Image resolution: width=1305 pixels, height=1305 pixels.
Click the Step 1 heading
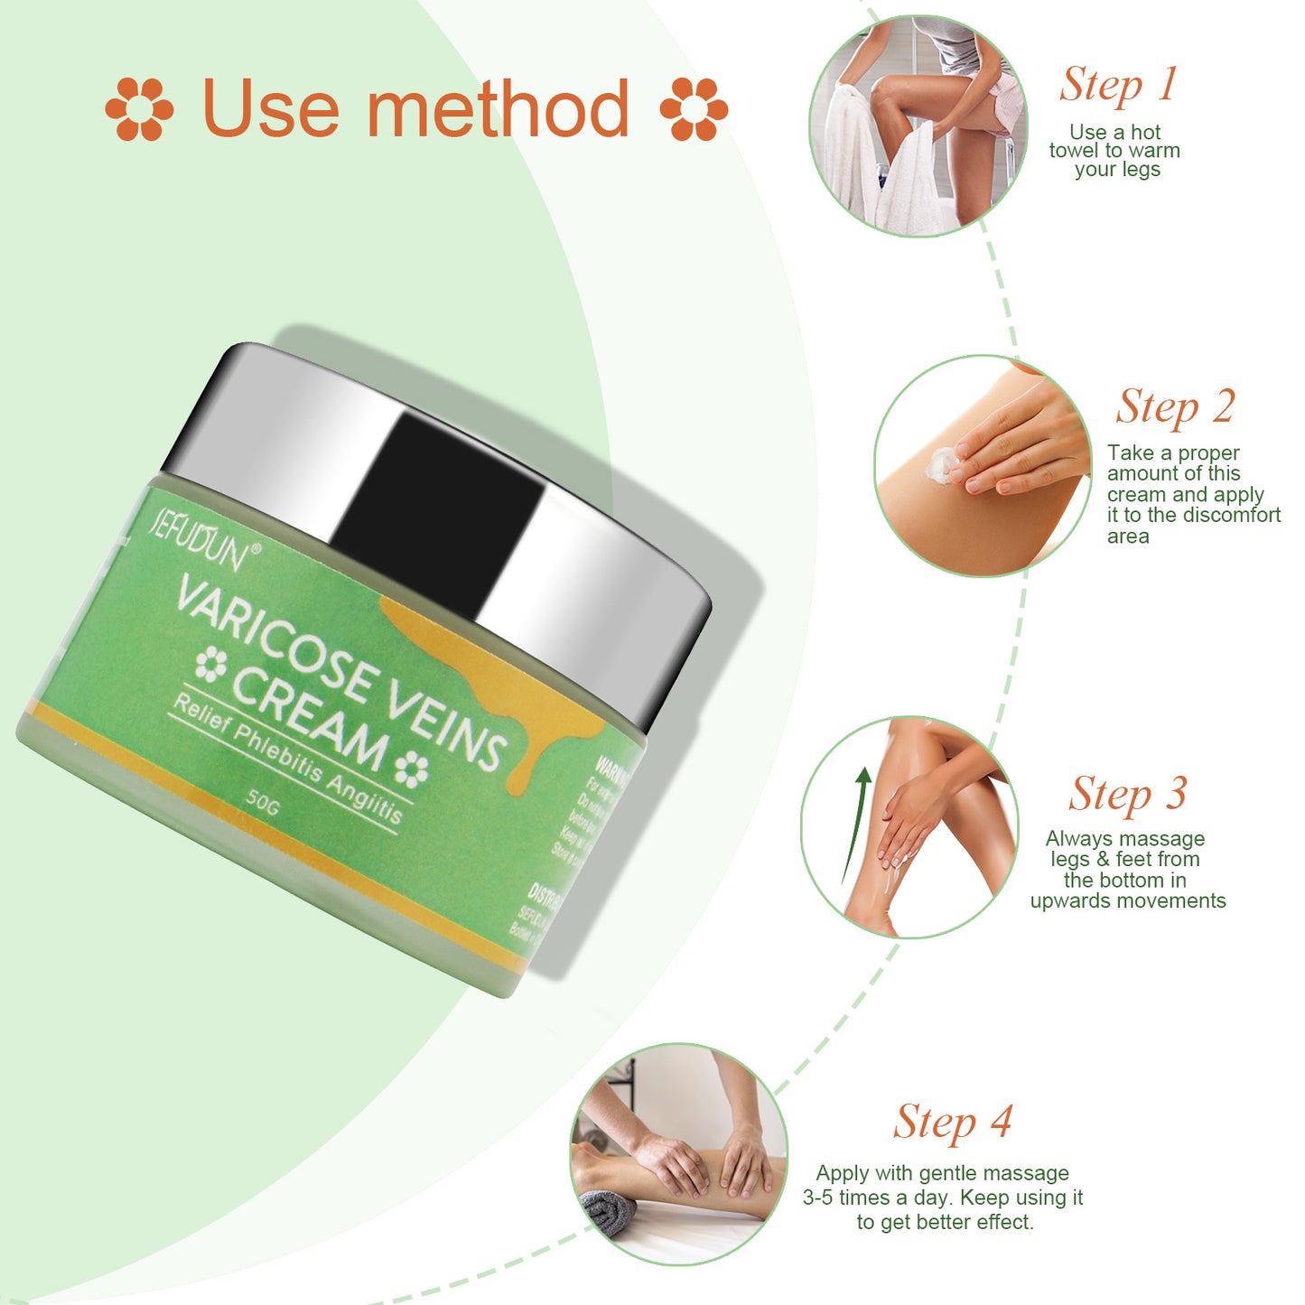(1118, 85)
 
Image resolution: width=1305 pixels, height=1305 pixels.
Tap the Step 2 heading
(1174, 406)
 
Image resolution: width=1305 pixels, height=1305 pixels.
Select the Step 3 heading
(1126, 795)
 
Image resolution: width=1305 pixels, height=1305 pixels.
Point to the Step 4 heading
(952, 1123)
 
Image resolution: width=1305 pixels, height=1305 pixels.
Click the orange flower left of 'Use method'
(139, 109)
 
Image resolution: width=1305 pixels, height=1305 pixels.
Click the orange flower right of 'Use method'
(694, 109)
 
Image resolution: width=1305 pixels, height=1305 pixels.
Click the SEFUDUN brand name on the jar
(197, 540)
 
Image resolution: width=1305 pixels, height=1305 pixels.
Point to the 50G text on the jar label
(263, 801)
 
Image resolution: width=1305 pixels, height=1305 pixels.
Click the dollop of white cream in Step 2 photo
(942, 463)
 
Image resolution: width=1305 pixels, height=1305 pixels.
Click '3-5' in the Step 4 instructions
(818, 1198)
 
